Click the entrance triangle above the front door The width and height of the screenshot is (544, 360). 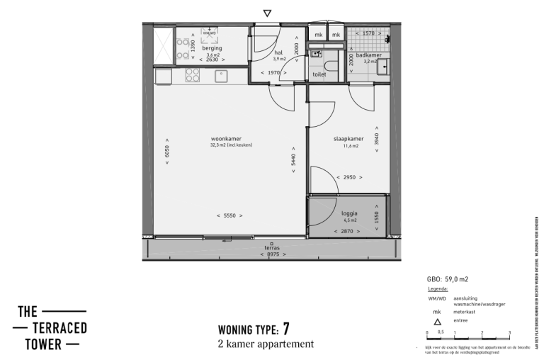pyautogui.click(x=267, y=13)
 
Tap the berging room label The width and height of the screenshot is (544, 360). pyautogui.click(x=212, y=48)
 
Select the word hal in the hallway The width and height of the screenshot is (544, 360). pyautogui.click(x=278, y=52)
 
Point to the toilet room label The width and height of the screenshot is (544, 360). pyautogui.click(x=319, y=73)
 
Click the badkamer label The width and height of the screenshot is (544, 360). pyautogui.click(x=369, y=55)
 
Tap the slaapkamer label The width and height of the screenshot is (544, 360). pyautogui.click(x=348, y=139)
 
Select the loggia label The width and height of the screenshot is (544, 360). pyautogui.click(x=348, y=213)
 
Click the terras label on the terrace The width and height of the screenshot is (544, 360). pyautogui.click(x=272, y=248)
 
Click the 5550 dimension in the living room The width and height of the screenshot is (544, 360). pyautogui.click(x=229, y=215)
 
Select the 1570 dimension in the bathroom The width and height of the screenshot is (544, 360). pyautogui.click(x=368, y=33)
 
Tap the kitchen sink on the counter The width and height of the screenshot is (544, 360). pyautogui.click(x=220, y=74)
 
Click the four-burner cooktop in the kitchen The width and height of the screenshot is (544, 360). pyautogui.click(x=193, y=74)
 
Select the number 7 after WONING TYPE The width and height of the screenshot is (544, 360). pyautogui.click(x=285, y=328)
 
